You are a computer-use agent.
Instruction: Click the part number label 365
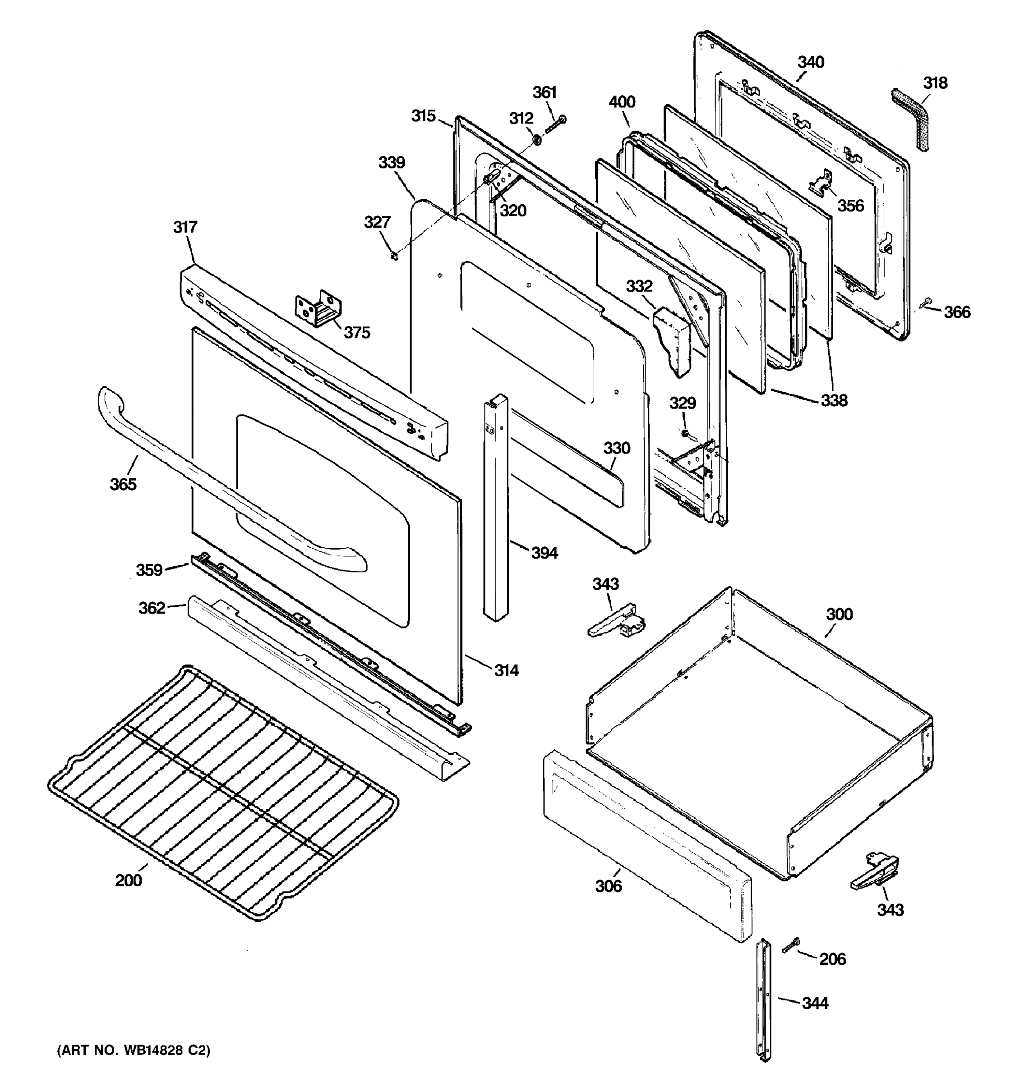click(123, 484)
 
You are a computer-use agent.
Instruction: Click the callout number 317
click(185, 227)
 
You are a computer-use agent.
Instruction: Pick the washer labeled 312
click(536, 140)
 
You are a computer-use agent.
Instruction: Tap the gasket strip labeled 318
click(913, 119)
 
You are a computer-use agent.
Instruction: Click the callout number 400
click(621, 102)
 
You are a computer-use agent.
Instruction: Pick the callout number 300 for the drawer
click(839, 614)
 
